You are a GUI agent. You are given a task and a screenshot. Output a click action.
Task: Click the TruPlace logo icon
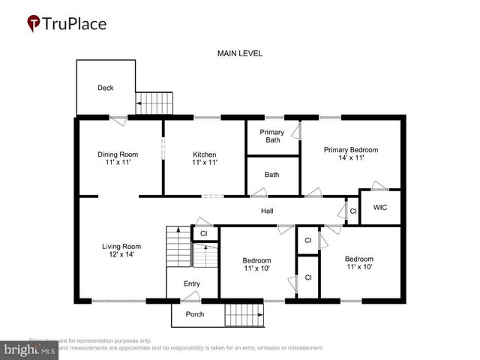[x=34, y=24]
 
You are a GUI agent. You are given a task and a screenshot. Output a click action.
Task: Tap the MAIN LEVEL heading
[x=239, y=53]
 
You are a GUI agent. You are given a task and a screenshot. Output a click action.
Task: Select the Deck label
[x=105, y=88]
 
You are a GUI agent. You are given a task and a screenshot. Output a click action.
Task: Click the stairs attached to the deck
[x=154, y=101]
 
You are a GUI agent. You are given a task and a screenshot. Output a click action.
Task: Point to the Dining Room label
[x=118, y=154]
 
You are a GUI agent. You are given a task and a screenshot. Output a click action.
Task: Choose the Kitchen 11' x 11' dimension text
[x=204, y=163]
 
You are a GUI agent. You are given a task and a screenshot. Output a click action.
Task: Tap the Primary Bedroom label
[x=350, y=150]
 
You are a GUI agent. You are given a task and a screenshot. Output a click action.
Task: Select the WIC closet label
[x=380, y=207]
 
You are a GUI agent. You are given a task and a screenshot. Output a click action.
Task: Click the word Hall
[x=266, y=211]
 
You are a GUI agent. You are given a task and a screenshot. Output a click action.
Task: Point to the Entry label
[x=192, y=283]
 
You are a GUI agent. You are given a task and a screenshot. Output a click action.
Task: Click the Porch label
[x=195, y=314]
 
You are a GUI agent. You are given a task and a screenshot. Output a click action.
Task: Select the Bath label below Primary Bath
[x=271, y=175]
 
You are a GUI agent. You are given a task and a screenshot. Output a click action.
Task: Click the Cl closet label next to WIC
[x=352, y=211]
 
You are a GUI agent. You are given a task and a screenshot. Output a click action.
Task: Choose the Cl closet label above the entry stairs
[x=203, y=234]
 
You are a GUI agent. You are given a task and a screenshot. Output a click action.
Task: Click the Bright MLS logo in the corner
[x=30, y=349]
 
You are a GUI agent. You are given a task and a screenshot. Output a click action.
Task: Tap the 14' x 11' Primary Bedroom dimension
[x=350, y=158]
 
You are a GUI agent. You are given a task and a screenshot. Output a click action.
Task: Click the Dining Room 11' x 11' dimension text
[x=118, y=163]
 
